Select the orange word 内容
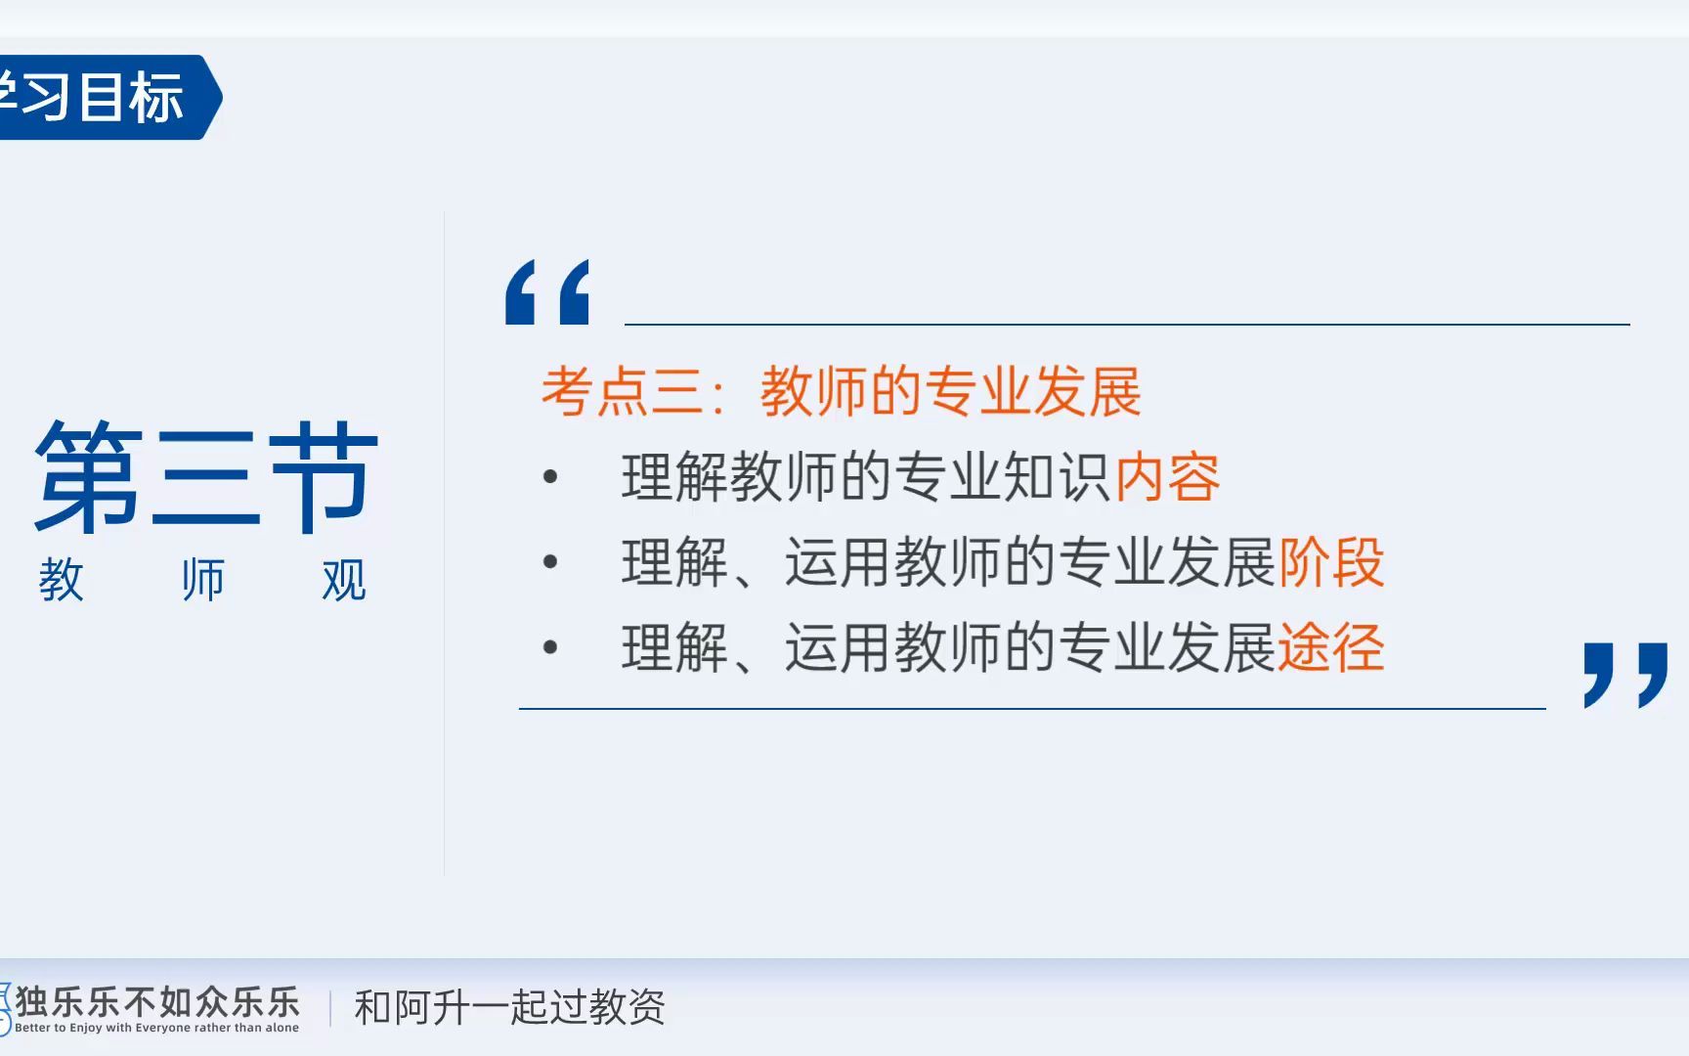(1167, 478)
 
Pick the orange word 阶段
(1331, 562)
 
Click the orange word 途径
(1331, 647)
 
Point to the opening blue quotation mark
(547, 291)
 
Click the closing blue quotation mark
(1625, 674)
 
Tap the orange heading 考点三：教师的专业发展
(842, 391)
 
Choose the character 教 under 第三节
(61, 580)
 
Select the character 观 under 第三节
(344, 580)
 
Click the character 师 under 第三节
(202, 580)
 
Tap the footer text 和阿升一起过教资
(509, 1007)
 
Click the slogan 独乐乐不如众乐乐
(157, 1001)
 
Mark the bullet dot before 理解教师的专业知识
(550, 477)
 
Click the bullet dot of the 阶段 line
(550, 562)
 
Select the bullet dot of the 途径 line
(550, 647)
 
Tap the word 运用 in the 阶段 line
(839, 562)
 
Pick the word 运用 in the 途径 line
(839, 647)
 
